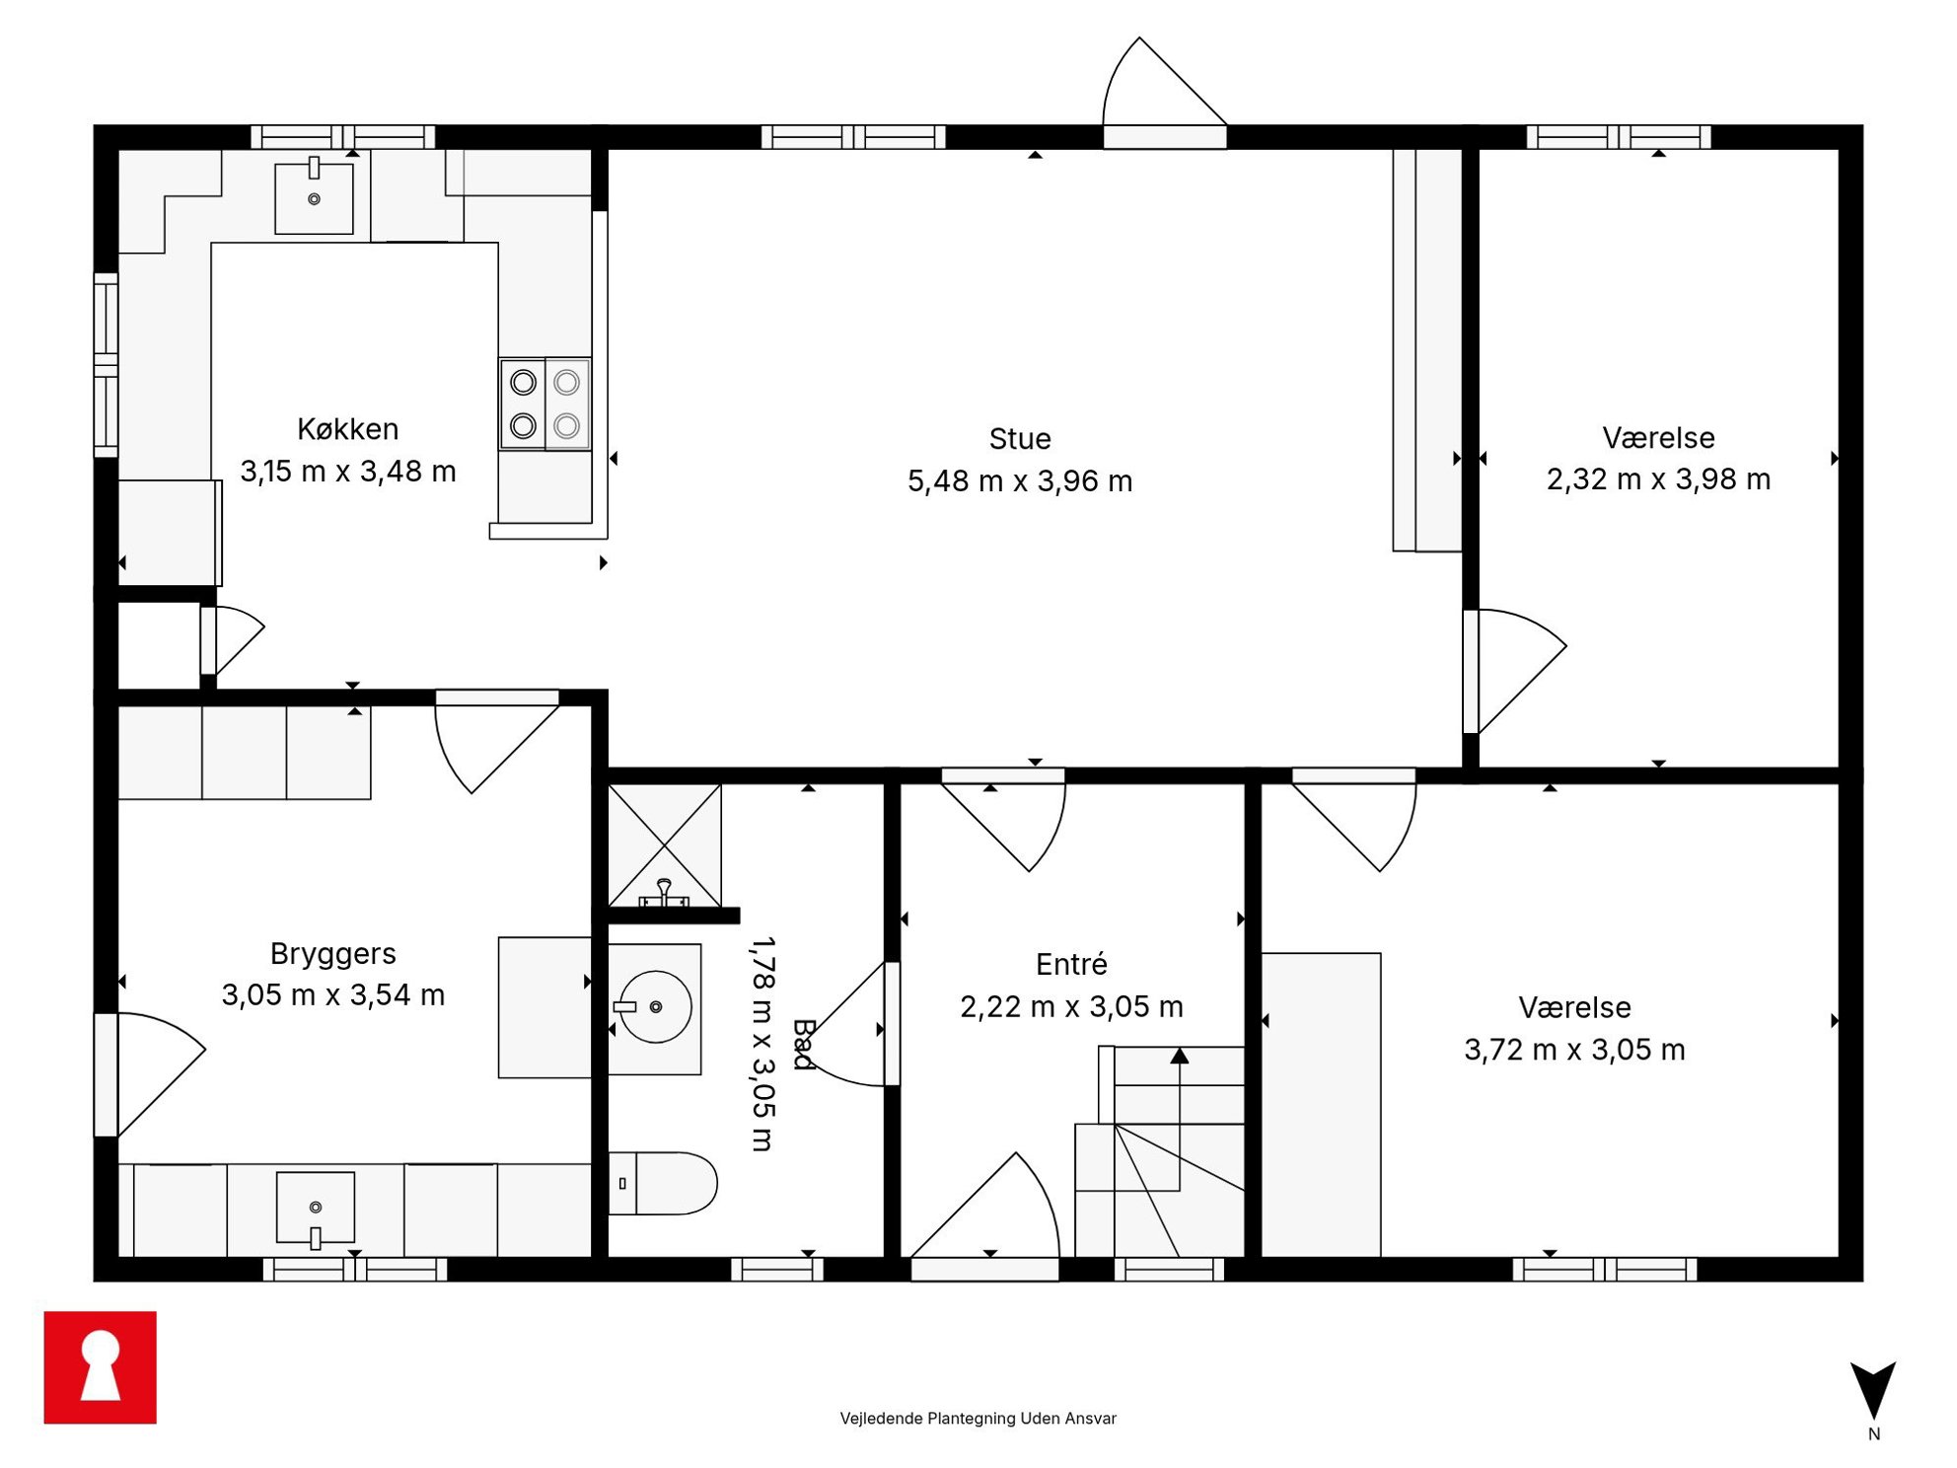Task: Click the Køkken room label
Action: tap(348, 429)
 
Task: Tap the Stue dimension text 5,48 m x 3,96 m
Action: tap(1020, 481)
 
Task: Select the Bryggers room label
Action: tap(333, 954)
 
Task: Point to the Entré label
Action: tap(1071, 964)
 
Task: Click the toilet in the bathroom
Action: tap(662, 1183)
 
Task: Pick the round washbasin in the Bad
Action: tap(655, 1007)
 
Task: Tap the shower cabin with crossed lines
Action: tap(665, 845)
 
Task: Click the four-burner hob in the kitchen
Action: tap(545, 404)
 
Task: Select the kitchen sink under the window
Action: tap(314, 197)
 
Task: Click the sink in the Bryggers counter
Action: tap(316, 1209)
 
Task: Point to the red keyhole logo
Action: tap(101, 1367)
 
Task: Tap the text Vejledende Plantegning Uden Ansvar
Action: tap(978, 1419)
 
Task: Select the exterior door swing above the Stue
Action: tap(1165, 83)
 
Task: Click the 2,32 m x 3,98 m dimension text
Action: tap(1658, 479)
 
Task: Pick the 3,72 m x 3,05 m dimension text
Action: tap(1574, 1050)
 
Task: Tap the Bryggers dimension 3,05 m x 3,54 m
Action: tap(333, 994)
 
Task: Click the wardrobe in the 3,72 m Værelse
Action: tap(1322, 1105)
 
